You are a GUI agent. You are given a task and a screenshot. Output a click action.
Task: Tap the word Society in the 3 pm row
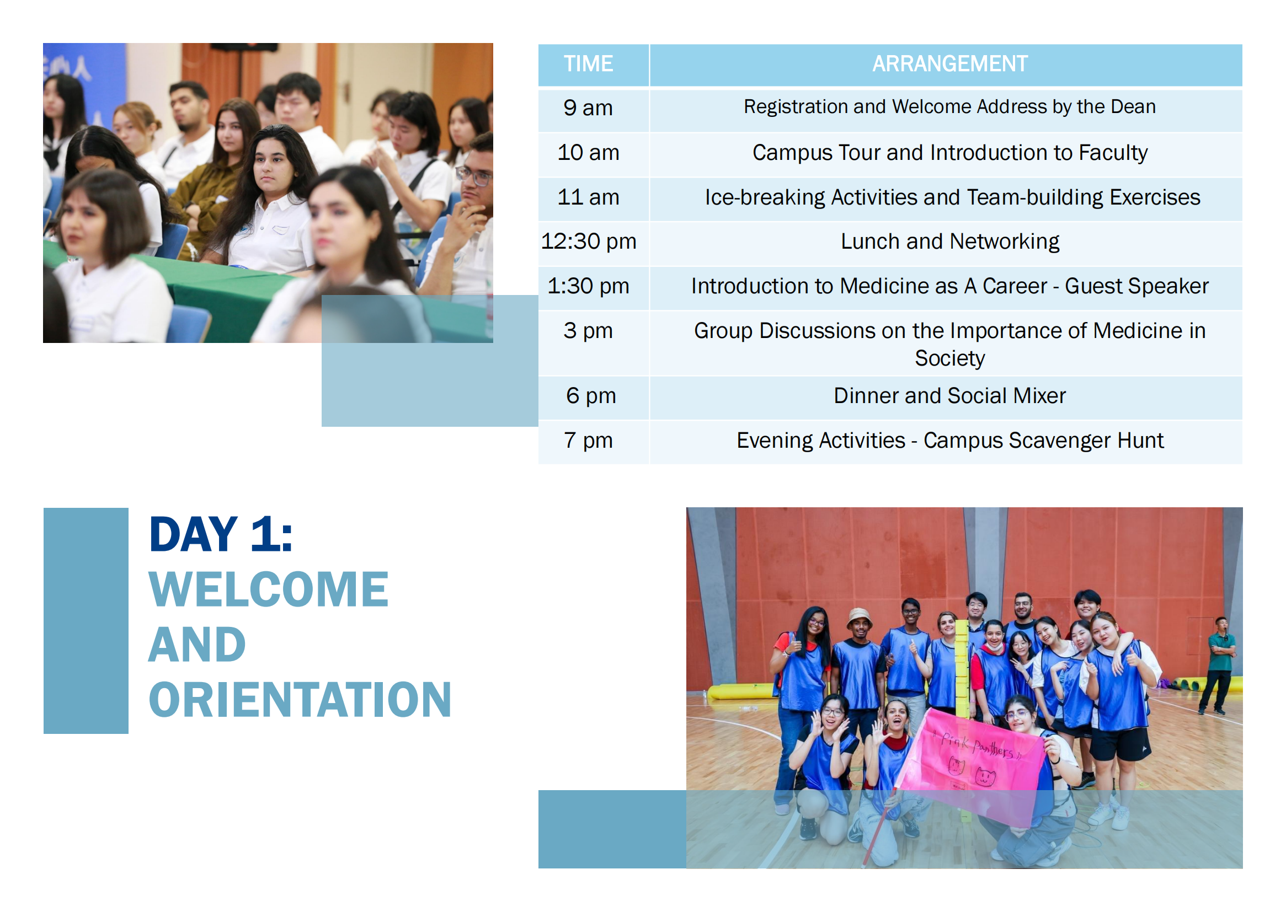point(949,359)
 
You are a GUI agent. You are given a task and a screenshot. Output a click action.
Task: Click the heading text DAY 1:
point(220,534)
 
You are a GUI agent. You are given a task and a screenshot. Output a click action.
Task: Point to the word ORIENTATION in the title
point(300,700)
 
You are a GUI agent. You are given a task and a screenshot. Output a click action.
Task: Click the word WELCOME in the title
point(269,589)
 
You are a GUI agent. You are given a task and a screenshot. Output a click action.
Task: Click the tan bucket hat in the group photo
point(860,617)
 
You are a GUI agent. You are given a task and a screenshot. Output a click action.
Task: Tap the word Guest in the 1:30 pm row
point(1093,286)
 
